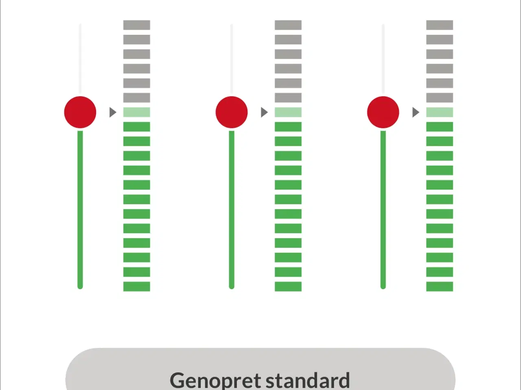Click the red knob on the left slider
point(80,112)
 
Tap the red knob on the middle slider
point(232,112)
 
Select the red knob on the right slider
point(383,112)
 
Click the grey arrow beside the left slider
point(113,112)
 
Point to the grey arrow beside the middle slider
point(264,112)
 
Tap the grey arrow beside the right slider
point(416,112)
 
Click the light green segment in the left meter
point(137,112)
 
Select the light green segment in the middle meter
point(288,112)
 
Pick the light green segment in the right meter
point(440,112)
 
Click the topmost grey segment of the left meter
point(137,25)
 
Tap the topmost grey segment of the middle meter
point(288,25)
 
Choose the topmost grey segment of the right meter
point(440,25)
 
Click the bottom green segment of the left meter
point(137,286)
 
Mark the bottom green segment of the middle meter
point(288,286)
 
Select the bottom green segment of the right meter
point(440,286)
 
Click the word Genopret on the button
point(215,381)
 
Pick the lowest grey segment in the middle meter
point(288,97)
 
